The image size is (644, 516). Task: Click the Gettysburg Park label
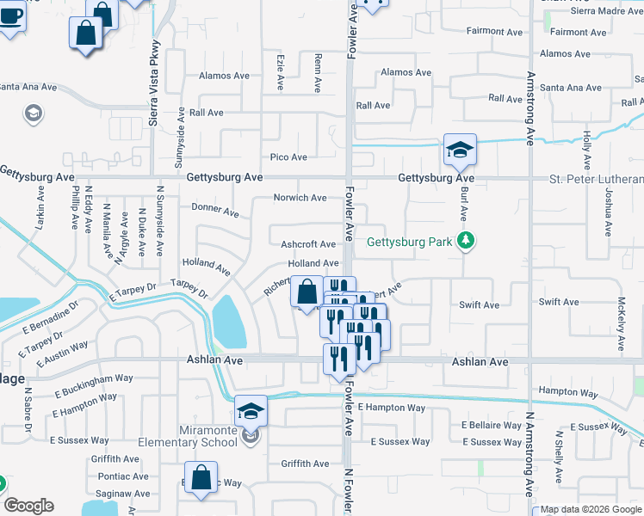[409, 242]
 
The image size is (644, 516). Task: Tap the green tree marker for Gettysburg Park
[466, 240]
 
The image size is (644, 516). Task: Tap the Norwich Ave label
[300, 198]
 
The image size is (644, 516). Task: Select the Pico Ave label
[288, 157]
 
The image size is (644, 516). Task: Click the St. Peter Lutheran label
[597, 179]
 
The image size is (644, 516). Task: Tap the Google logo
[28, 506]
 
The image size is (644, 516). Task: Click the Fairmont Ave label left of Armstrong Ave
[494, 32]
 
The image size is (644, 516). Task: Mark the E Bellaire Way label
[492, 425]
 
